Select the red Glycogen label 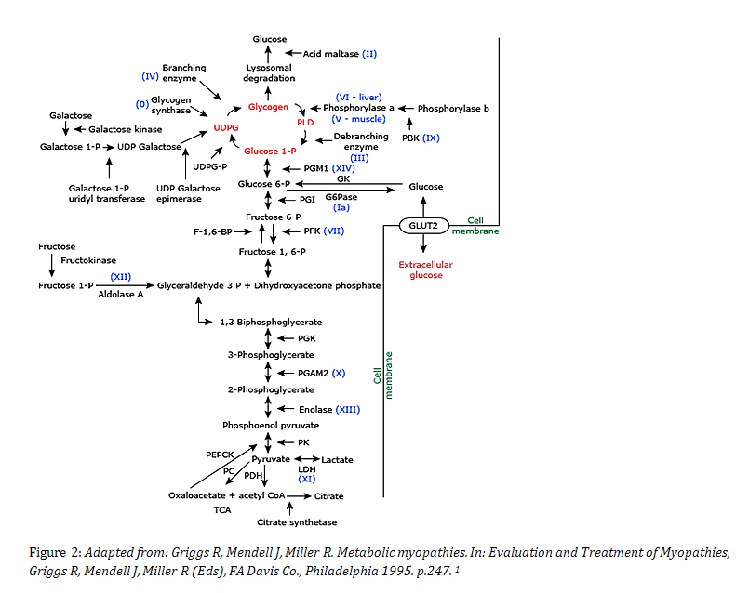[x=268, y=107]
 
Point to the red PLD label [x=305, y=122]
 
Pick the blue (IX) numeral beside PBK [x=431, y=138]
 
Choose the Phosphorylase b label [x=453, y=109]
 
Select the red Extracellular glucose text [x=425, y=270]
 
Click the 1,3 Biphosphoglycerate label [x=271, y=322]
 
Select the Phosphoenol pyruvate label [x=271, y=425]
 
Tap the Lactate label [x=337, y=460]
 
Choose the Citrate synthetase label [x=297, y=522]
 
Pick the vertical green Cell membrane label [x=384, y=376]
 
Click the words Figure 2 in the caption [x=43, y=552]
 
